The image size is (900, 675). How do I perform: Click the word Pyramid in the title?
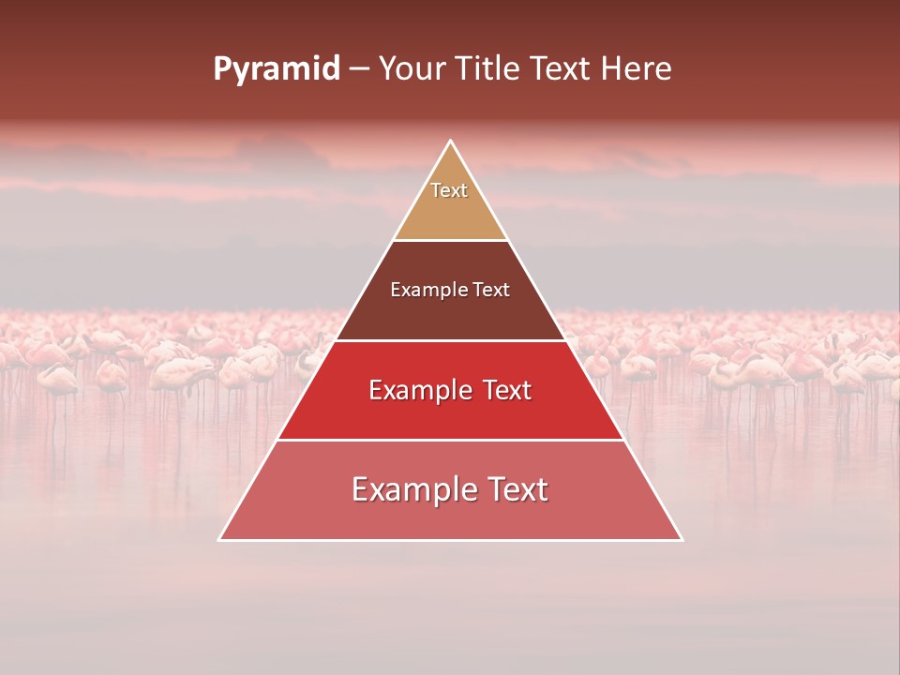pos(276,69)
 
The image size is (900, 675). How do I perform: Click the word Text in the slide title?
pos(561,69)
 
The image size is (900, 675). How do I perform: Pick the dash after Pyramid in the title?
pos(359,70)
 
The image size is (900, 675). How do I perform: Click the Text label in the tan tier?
pos(449,190)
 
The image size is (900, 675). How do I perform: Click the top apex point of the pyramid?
pos(451,142)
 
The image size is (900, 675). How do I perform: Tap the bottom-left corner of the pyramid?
pos(220,540)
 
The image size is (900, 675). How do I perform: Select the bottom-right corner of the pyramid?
pos(682,540)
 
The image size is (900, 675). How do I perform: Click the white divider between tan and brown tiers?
pos(451,241)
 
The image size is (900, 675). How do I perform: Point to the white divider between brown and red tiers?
pos(451,340)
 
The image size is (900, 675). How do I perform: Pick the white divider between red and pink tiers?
pos(451,440)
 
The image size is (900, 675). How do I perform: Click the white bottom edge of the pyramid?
pos(451,540)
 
